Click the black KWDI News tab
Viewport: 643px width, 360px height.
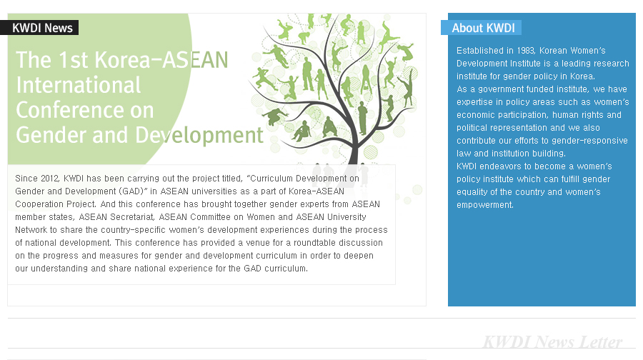[39, 28]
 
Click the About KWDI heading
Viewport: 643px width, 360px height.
[483, 28]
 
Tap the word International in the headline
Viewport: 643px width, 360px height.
[79, 85]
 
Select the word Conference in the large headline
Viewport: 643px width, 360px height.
[85, 110]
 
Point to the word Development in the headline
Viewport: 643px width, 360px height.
[199, 135]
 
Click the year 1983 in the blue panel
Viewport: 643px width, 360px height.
[525, 51]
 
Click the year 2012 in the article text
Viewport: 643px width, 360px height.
[50, 179]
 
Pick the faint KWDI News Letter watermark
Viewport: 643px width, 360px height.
[552, 341]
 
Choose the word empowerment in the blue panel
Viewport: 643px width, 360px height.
[484, 205]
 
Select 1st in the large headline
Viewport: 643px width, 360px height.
[73, 60]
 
